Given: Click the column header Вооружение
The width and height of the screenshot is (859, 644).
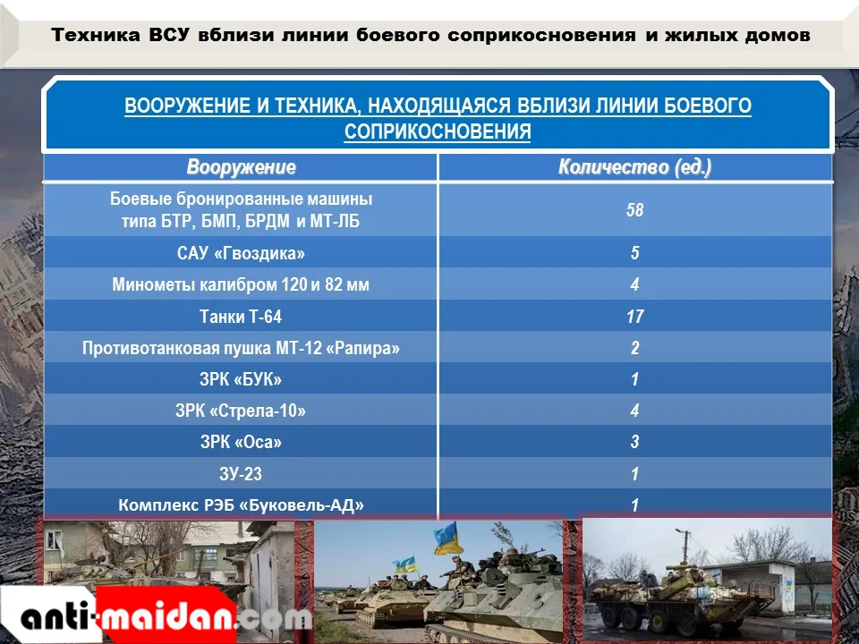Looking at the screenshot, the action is coord(241,167).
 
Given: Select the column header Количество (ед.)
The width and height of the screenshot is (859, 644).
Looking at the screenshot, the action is coord(635,167).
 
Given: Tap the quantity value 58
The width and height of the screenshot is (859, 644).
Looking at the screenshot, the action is coord(635,209).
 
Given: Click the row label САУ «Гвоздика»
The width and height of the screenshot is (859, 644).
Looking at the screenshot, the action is coord(241,253).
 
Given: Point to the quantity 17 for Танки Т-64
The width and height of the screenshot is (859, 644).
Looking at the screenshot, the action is coord(635,316).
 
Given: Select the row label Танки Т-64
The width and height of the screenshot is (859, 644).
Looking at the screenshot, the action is coord(241,316).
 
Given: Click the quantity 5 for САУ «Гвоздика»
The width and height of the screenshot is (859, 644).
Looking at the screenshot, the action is coord(635,252).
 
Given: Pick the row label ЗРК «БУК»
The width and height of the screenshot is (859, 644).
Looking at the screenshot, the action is coord(241,379).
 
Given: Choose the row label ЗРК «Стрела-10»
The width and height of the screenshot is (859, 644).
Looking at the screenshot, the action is coord(241,411).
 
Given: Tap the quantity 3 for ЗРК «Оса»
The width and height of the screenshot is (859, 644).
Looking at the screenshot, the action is coord(635,441).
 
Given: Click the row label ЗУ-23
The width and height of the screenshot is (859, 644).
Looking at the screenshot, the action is coord(241,473).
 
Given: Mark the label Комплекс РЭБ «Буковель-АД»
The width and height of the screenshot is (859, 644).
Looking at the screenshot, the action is coord(241,504).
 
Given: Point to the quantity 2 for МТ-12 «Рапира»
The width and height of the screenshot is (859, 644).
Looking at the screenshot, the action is coord(635,347).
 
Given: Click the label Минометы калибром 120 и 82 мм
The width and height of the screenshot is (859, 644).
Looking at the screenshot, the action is coord(241,284).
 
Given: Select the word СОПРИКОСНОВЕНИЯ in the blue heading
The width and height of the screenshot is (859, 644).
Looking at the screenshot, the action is coord(438,131).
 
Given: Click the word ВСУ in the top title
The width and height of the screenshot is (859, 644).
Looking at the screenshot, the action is coord(169,35).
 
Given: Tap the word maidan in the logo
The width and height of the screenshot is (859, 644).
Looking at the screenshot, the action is coord(167,616).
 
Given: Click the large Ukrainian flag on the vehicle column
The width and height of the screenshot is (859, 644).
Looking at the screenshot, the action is coord(447,538).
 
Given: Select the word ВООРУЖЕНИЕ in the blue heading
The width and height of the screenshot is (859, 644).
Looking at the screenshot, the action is coord(188,106).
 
